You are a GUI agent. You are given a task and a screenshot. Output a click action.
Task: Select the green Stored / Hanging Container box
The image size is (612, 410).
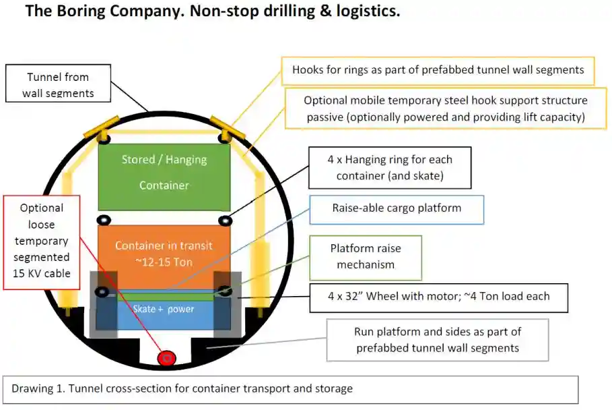click(x=164, y=177)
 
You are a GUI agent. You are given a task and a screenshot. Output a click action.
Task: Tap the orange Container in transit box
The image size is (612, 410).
click(x=164, y=253)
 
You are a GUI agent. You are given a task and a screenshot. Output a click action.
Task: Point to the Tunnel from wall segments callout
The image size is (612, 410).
click(x=58, y=84)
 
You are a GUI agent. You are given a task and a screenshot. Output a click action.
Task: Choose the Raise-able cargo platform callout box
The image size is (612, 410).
click(x=397, y=209)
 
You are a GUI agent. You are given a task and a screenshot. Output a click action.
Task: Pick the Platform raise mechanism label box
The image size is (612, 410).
click(x=366, y=258)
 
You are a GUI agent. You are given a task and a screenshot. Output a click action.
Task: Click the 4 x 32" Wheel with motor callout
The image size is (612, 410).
click(x=438, y=297)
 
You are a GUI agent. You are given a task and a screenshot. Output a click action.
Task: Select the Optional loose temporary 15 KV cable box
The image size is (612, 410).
click(x=42, y=242)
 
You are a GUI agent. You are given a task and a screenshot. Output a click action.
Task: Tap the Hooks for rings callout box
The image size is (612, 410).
click(x=438, y=70)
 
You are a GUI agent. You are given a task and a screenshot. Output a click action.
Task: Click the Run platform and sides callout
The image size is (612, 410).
click(x=438, y=340)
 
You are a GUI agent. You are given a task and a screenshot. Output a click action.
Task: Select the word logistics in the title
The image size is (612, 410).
click(x=363, y=11)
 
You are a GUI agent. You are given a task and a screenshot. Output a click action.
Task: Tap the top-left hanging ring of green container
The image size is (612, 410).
click(x=104, y=138)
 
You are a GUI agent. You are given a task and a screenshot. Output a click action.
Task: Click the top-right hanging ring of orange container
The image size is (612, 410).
click(x=225, y=221)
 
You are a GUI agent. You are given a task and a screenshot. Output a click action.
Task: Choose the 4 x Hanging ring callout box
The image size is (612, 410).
click(x=390, y=167)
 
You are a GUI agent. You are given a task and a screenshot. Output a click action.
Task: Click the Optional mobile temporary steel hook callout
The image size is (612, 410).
click(x=446, y=108)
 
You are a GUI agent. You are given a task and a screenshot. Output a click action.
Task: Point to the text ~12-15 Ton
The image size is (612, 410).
click(x=164, y=261)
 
